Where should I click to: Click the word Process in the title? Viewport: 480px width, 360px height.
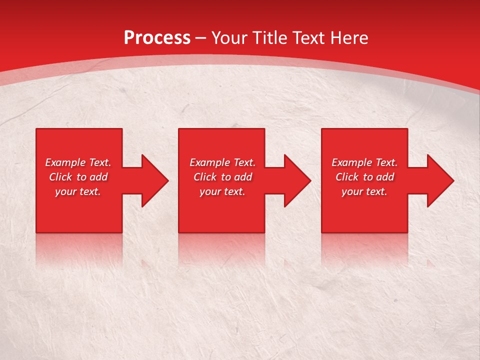point(157,38)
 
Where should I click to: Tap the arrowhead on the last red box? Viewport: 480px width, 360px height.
point(439,180)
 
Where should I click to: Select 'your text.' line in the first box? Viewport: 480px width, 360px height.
point(78,191)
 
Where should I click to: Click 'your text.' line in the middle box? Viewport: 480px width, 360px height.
point(222,191)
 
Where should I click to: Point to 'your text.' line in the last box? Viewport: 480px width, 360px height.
point(364,191)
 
